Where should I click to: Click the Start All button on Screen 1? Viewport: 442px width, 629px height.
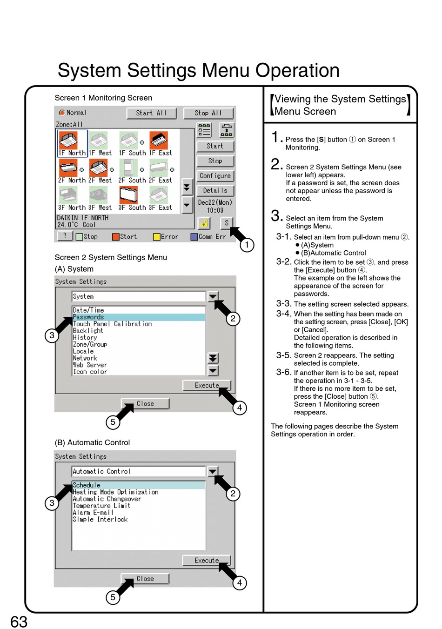coord(152,113)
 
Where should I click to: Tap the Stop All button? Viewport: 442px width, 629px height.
coord(208,113)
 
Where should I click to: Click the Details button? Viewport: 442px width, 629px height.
coord(215,191)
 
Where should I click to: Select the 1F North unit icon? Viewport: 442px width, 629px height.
coord(69,140)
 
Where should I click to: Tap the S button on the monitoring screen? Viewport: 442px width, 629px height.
coord(227,223)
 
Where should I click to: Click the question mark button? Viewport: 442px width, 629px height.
coord(65,236)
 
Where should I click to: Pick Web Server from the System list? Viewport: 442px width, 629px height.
coord(90,365)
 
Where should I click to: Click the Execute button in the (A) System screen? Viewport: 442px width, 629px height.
coord(207,385)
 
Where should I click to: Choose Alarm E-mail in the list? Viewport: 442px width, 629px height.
coord(93,513)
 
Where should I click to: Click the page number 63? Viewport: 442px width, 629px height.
coord(19,622)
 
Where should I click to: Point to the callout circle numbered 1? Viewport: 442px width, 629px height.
coord(247,245)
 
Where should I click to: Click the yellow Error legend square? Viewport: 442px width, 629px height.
coord(157,237)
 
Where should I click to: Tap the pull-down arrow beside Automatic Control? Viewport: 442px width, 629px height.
coord(213,471)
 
